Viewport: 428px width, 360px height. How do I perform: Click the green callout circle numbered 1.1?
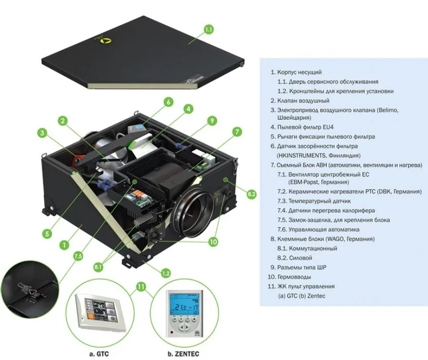[209, 30]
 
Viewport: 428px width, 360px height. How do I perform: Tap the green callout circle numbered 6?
[168, 102]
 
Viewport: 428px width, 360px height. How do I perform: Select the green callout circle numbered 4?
[189, 109]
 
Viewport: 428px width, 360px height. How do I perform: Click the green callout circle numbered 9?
[211, 121]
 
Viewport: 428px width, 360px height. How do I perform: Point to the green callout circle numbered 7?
[237, 132]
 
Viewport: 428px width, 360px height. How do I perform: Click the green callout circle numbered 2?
[62, 121]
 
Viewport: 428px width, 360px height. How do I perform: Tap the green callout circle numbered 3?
[43, 133]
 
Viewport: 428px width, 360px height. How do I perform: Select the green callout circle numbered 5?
[47, 233]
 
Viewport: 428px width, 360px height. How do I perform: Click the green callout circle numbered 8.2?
[251, 194]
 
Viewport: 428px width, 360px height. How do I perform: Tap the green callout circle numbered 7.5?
[78, 256]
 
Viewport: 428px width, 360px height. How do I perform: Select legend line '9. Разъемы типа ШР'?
[302, 267]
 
